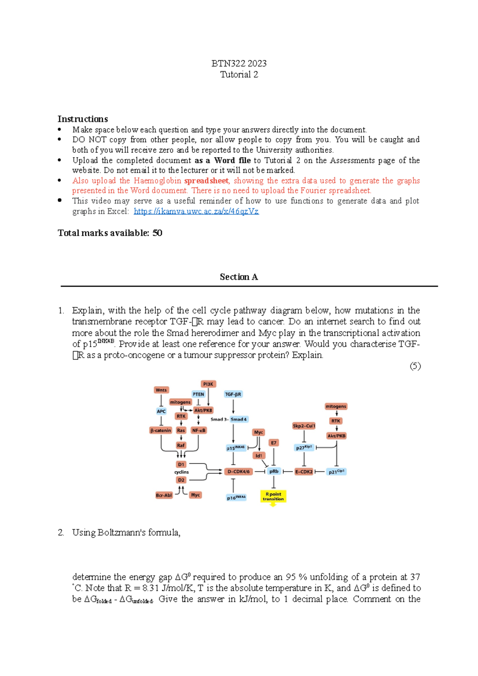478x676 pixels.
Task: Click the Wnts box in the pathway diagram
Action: pyautogui.click(x=161, y=390)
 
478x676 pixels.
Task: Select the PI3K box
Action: pyautogui.click(x=208, y=384)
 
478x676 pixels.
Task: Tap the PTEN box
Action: pyautogui.click(x=198, y=394)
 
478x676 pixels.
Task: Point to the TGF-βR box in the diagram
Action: pyautogui.click(x=233, y=394)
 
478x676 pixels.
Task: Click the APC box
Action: pyautogui.click(x=161, y=411)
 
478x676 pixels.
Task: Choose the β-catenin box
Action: pyautogui.click(x=161, y=430)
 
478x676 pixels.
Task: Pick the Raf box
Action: pyautogui.click(x=181, y=445)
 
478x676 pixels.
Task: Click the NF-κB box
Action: pyautogui.click(x=199, y=430)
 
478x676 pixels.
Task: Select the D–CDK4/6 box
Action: pyautogui.click(x=238, y=471)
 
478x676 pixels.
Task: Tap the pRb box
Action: pyautogui.click(x=274, y=471)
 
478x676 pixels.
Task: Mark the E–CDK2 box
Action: pyautogui.click(x=304, y=471)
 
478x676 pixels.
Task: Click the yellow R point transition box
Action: pyautogui.click(x=273, y=496)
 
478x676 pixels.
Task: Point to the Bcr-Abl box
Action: pyautogui.click(x=164, y=495)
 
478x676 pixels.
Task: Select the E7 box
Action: pyautogui.click(x=274, y=443)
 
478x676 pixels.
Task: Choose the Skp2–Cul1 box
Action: pyautogui.click(x=304, y=426)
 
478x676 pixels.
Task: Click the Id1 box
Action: pyautogui.click(x=259, y=456)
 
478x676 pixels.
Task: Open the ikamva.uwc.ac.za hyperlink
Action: pyautogui.click(x=196, y=211)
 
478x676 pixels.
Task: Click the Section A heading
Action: pyautogui.click(x=239, y=277)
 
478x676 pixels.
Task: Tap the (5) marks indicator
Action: pyautogui.click(x=415, y=366)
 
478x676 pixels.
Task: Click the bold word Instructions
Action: pyautogui.click(x=82, y=119)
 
